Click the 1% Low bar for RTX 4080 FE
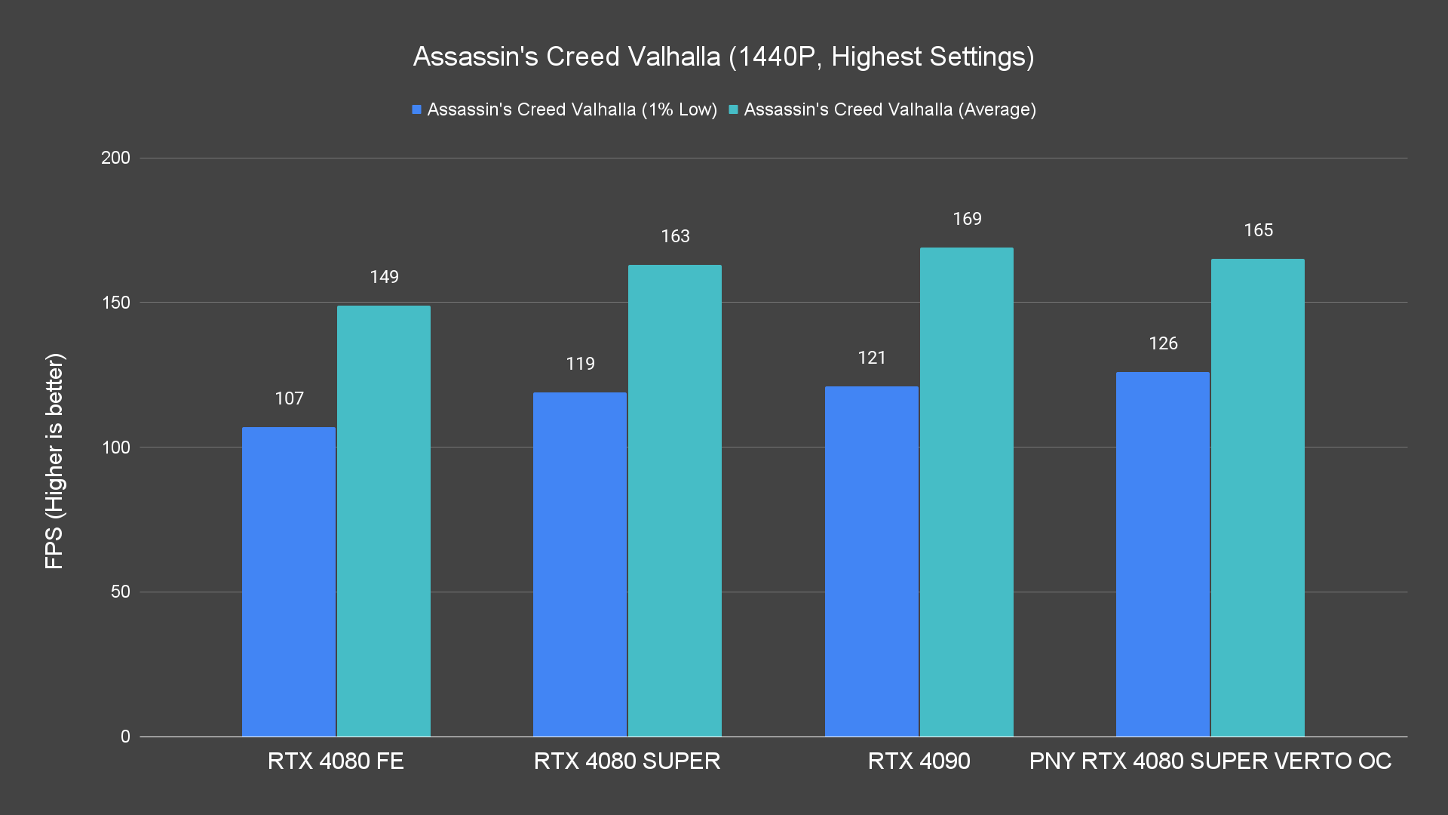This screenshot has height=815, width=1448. click(x=289, y=582)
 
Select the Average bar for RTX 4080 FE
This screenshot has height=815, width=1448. click(x=384, y=521)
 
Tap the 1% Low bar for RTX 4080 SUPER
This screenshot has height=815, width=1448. click(x=580, y=564)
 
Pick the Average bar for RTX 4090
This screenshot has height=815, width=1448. click(x=966, y=492)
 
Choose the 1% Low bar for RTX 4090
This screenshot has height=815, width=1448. click(x=871, y=561)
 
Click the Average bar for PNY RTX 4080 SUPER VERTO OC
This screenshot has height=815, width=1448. click(x=1257, y=498)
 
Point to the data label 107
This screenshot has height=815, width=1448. click(x=289, y=398)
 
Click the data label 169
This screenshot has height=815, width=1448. click(x=967, y=219)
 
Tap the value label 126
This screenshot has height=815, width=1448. click(x=1163, y=343)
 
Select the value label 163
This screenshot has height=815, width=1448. click(x=675, y=236)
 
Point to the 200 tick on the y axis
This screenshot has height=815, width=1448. click(x=115, y=158)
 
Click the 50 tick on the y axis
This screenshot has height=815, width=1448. click(x=121, y=592)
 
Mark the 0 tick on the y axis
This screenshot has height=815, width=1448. click(x=125, y=737)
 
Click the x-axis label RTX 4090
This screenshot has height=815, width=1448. click(x=919, y=761)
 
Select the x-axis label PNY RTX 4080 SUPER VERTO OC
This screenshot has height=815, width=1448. click(x=1210, y=761)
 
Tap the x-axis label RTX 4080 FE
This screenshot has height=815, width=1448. click(x=336, y=761)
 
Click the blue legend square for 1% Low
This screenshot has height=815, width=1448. click(x=416, y=109)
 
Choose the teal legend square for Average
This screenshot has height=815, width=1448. click(x=733, y=109)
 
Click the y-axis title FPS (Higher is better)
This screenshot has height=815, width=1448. click(x=54, y=460)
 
